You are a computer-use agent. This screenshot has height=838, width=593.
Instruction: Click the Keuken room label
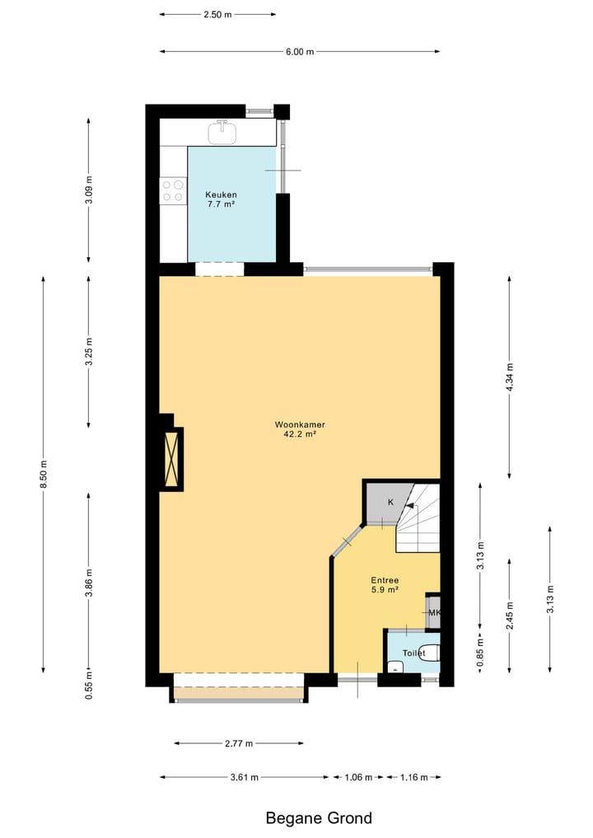pyautogui.click(x=221, y=194)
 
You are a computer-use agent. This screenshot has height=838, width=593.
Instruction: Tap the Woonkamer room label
pyautogui.click(x=296, y=425)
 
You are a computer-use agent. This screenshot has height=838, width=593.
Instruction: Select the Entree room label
pyautogui.click(x=384, y=580)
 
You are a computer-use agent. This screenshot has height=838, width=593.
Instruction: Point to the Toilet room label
pyautogui.click(x=413, y=653)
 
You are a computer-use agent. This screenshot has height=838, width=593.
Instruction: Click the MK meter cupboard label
pyautogui.click(x=434, y=613)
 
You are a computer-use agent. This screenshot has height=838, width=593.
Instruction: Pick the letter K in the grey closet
pyautogui.click(x=390, y=502)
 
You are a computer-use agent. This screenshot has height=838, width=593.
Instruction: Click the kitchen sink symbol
pyautogui.click(x=222, y=131)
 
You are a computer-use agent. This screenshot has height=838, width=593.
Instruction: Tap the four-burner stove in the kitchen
pyautogui.click(x=173, y=190)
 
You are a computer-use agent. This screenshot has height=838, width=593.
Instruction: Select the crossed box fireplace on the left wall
pyautogui.click(x=171, y=459)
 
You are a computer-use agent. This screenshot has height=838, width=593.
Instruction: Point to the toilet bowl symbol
pyautogui.click(x=430, y=652)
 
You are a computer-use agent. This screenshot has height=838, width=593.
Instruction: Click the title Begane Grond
pyautogui.click(x=319, y=818)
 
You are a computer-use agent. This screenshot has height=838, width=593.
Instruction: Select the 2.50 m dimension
pyautogui.click(x=217, y=15)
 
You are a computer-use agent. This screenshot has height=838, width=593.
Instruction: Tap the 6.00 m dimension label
pyautogui.click(x=300, y=52)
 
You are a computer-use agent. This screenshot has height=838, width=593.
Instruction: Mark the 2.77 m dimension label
pyautogui.click(x=239, y=743)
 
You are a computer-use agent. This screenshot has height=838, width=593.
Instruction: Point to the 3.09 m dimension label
pyautogui.click(x=89, y=190)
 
